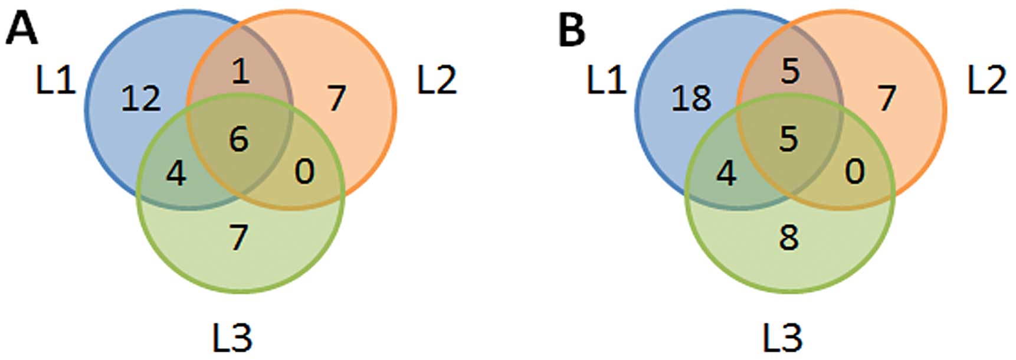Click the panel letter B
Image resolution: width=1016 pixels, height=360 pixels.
point(572,29)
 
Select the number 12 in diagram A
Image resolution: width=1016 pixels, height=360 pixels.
point(141,98)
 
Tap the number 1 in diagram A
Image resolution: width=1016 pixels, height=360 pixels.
point(240,72)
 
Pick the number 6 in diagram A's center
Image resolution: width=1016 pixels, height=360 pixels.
point(239,139)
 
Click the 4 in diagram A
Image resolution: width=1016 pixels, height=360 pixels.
point(176,174)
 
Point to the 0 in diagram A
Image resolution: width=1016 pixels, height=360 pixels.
point(304,172)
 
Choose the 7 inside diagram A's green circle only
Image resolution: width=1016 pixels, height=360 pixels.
point(238,237)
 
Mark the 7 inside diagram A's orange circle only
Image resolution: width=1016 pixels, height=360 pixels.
point(336,98)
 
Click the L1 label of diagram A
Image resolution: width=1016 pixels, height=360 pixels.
point(56,80)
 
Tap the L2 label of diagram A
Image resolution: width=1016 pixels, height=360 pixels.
point(437,80)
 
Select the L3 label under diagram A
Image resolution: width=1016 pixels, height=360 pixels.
point(232,338)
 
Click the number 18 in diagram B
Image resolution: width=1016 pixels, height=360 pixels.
point(691,98)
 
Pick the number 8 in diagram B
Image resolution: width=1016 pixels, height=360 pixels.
point(789,237)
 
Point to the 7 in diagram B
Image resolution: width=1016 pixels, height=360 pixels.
point(887,98)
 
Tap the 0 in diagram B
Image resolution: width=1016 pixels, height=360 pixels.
point(855,172)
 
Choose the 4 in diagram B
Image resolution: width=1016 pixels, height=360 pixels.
point(726,174)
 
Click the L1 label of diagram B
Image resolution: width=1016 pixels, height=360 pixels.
point(606,80)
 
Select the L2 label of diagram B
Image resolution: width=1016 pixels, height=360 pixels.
point(987,80)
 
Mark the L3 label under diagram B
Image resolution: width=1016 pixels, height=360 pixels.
point(782,338)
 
